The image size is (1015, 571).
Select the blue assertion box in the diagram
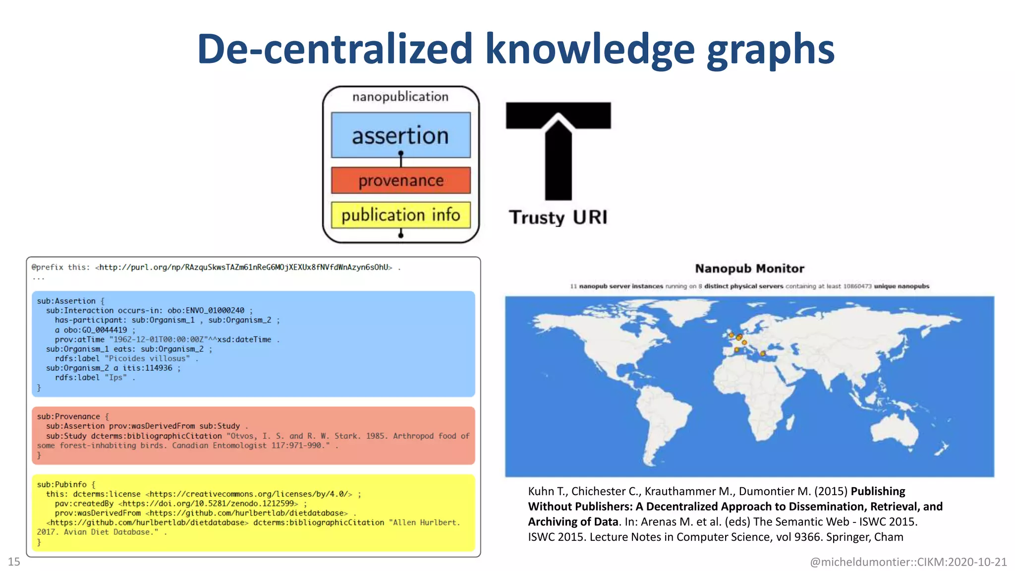[400, 135]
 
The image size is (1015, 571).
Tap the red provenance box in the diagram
[400, 180]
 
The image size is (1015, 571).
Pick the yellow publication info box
[400, 215]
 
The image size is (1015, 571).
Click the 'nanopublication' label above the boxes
[400, 97]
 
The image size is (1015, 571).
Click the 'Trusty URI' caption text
[558, 217]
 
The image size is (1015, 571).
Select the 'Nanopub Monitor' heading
[749, 269]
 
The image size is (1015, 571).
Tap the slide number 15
[14, 562]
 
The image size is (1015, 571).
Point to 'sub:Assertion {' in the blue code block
[70, 301]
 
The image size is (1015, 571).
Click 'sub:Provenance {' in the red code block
[73, 416]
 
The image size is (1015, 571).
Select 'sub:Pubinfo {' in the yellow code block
[66, 484]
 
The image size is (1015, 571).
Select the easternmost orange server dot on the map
[763, 353]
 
